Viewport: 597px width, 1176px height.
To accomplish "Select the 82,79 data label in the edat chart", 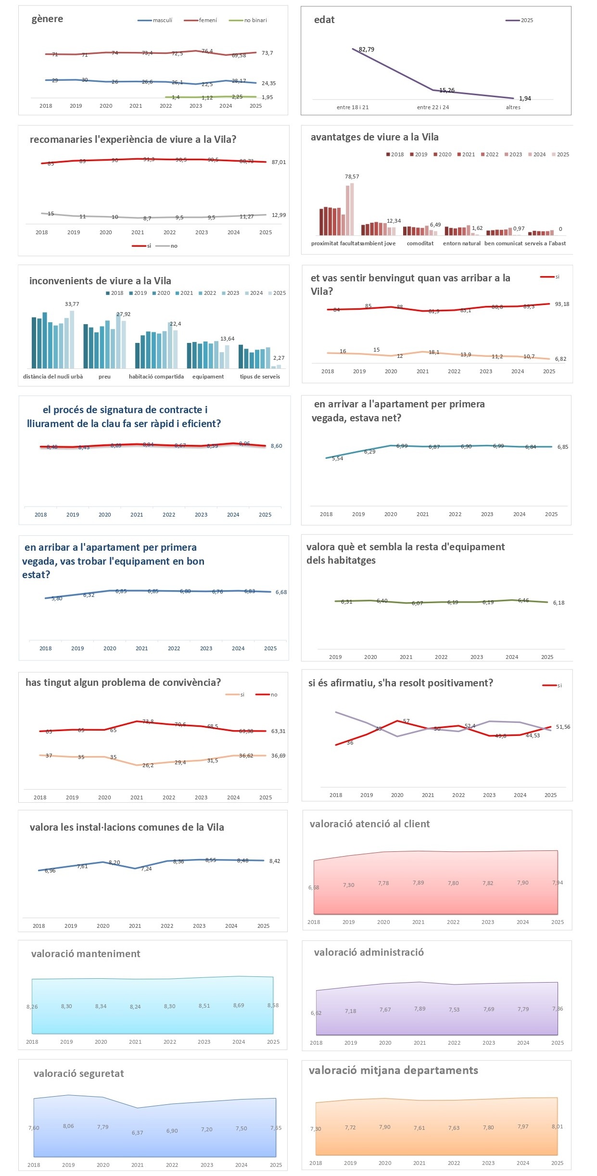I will (366, 50).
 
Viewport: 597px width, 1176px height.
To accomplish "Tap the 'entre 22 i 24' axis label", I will (432, 107).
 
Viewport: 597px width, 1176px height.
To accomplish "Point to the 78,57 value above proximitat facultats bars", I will (352, 177).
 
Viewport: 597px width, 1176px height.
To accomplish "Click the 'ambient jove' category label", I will (379, 243).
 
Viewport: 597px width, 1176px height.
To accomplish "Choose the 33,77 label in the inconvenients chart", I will (72, 304).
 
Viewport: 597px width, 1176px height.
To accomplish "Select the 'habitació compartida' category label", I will (156, 377).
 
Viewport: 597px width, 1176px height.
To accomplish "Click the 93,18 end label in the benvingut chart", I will (561, 304).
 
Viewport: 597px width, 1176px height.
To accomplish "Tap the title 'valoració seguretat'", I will (78, 1074).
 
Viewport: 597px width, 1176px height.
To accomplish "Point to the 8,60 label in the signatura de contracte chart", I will (276, 446).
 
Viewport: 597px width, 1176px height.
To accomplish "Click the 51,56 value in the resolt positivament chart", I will (563, 727).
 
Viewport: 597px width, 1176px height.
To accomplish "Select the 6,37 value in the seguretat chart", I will (137, 1133).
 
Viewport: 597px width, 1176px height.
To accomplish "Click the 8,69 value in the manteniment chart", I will (239, 1005).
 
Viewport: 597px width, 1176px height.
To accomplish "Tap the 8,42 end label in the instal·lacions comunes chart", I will (274, 861).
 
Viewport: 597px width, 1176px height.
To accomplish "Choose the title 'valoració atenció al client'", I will (369, 824).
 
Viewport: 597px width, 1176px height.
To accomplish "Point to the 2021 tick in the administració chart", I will (419, 1043).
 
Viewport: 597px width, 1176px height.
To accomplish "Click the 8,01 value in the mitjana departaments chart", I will (557, 1126).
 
